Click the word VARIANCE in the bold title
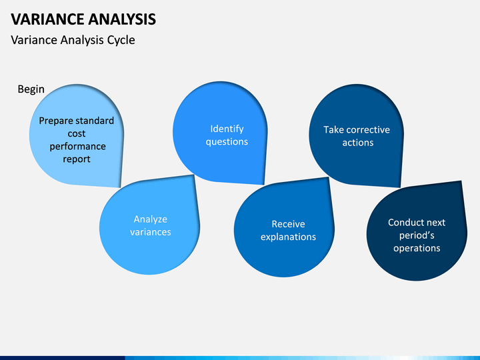click(x=47, y=19)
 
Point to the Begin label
click(x=31, y=89)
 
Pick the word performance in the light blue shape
click(x=78, y=147)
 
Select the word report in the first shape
click(x=77, y=159)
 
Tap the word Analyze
click(x=150, y=219)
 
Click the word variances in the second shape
click(x=150, y=232)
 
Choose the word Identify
click(x=227, y=129)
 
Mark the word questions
click(x=227, y=142)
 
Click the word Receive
click(x=289, y=224)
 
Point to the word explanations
click(x=289, y=237)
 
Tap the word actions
click(x=358, y=143)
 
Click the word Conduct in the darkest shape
click(x=402, y=223)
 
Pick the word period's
click(x=417, y=235)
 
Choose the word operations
click(x=417, y=248)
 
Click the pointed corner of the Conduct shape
click(x=461, y=181)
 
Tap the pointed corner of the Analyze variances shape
click(x=194, y=175)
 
